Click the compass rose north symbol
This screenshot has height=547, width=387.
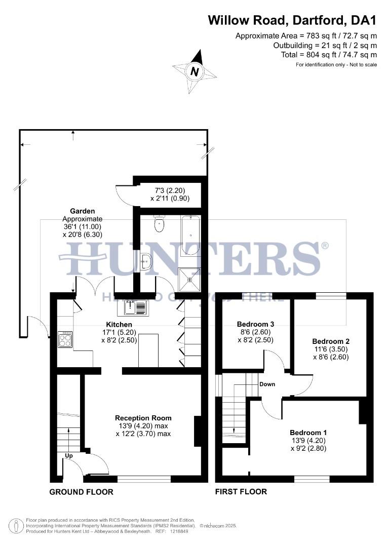point(194,71)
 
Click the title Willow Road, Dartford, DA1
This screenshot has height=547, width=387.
point(293,21)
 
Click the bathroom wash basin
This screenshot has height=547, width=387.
point(146,262)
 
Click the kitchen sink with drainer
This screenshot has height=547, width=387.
point(135,307)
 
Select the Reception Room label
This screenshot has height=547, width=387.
point(143,418)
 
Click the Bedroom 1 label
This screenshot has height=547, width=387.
point(308,433)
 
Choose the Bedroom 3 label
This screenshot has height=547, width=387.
point(255,324)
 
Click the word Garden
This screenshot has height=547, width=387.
point(83,211)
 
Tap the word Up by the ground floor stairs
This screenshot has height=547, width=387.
point(69,456)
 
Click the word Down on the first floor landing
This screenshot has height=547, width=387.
point(267,384)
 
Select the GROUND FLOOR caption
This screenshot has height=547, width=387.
point(81,492)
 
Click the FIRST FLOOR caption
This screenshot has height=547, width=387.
point(241,491)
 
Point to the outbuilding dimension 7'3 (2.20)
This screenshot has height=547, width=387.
point(169,191)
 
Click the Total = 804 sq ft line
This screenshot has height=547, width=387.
point(329,55)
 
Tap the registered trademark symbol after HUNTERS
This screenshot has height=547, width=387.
point(325,246)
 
